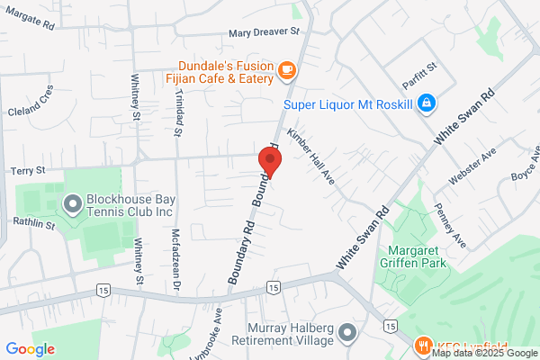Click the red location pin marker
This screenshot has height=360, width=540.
point(270,160)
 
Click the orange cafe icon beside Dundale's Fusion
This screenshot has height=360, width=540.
point(287,69)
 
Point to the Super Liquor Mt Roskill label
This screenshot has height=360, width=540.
point(347,104)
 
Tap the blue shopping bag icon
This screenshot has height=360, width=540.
point(428,104)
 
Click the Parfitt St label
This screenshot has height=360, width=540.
point(419,67)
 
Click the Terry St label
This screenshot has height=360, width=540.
point(27,169)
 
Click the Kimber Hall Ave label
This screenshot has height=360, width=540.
point(310,157)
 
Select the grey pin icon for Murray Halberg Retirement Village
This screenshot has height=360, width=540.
point(347,336)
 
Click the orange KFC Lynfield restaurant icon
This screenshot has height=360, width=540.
point(420,346)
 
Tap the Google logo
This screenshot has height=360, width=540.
point(30,349)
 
